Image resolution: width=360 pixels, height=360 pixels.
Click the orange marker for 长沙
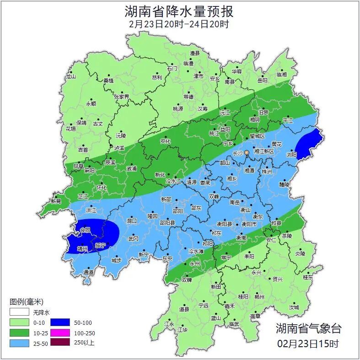(x=247, y=152)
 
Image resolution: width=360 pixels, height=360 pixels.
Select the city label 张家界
(x=122, y=97)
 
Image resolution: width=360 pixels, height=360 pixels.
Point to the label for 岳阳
(x=262, y=81)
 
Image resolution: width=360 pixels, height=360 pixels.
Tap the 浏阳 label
(x=291, y=154)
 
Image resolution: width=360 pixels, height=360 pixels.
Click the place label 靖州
(x=82, y=249)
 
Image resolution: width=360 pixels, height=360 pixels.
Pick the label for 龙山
(x=70, y=76)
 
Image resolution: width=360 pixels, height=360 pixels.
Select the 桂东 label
(x=308, y=277)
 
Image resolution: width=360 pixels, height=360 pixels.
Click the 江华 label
(x=183, y=329)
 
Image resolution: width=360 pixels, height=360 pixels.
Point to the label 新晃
(x=56, y=201)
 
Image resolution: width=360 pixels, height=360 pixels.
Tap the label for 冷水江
(x=173, y=182)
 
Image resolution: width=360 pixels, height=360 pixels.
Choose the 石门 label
(x=172, y=68)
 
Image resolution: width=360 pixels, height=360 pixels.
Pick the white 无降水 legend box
(x=19, y=313)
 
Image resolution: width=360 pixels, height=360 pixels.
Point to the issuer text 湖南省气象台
(x=308, y=328)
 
